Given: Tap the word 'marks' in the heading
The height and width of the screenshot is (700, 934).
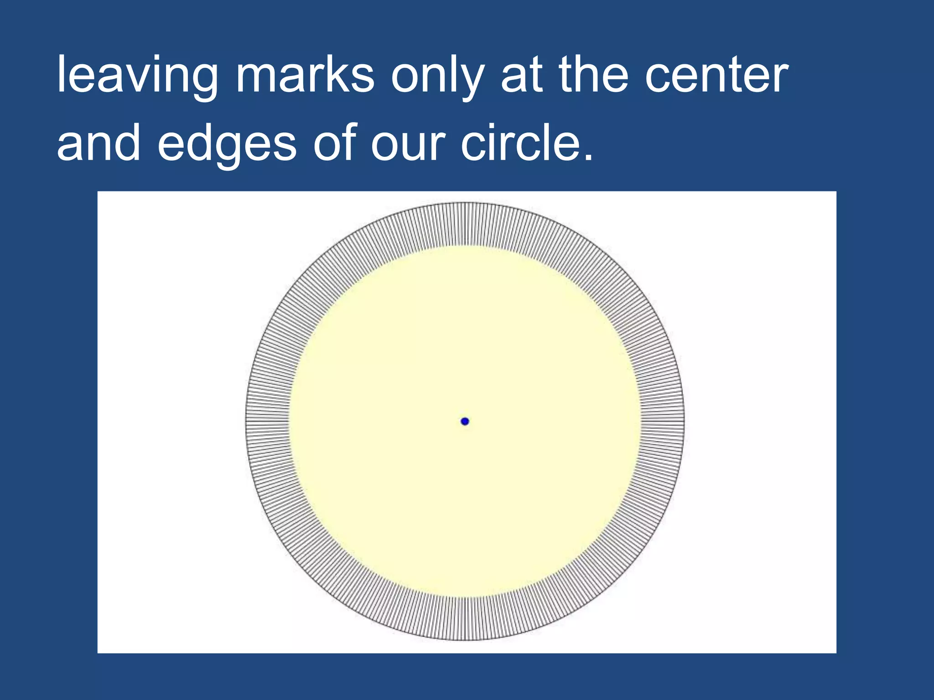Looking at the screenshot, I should (305, 75).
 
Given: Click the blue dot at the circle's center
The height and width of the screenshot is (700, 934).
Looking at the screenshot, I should (465, 421).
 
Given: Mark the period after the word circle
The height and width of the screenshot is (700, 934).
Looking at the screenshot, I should (588, 157).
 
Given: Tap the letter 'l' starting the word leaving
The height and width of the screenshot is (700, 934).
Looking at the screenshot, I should (61, 73).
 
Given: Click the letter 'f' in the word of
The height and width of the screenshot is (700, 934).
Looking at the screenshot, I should (349, 141).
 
